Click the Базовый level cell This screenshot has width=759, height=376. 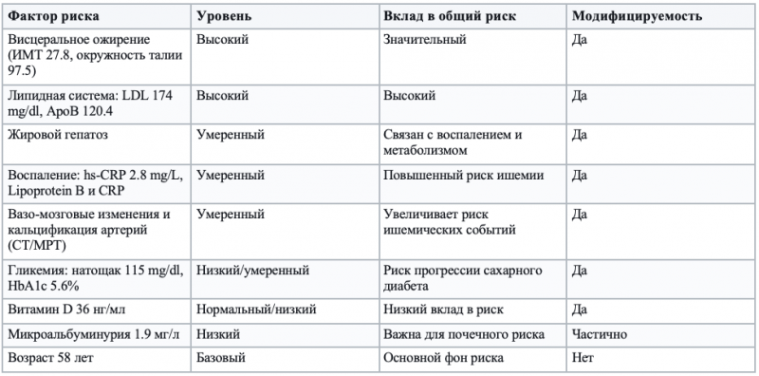pos(221,358)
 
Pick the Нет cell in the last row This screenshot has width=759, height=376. pos(583,358)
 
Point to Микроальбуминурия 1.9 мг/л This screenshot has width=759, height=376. pos(80,334)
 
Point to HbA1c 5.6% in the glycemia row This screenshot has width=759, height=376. pos(44,286)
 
